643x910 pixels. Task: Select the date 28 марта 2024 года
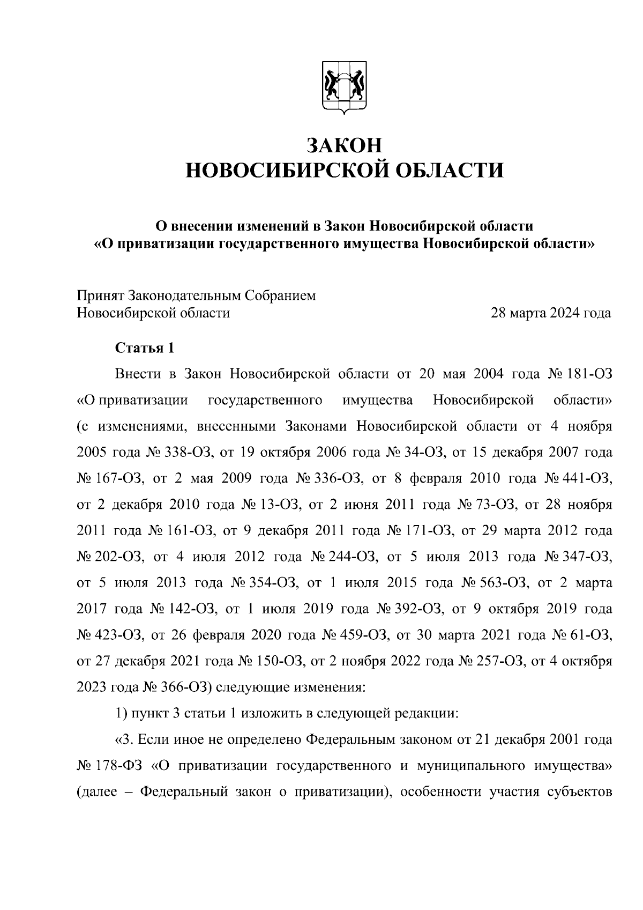(551, 313)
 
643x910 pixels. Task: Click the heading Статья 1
(145, 348)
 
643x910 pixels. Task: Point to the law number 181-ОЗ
(590, 374)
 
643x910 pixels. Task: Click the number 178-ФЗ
(122, 766)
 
